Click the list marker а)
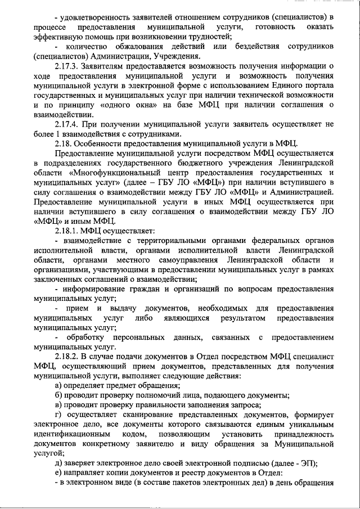[60, 385]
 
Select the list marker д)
[60, 463]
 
